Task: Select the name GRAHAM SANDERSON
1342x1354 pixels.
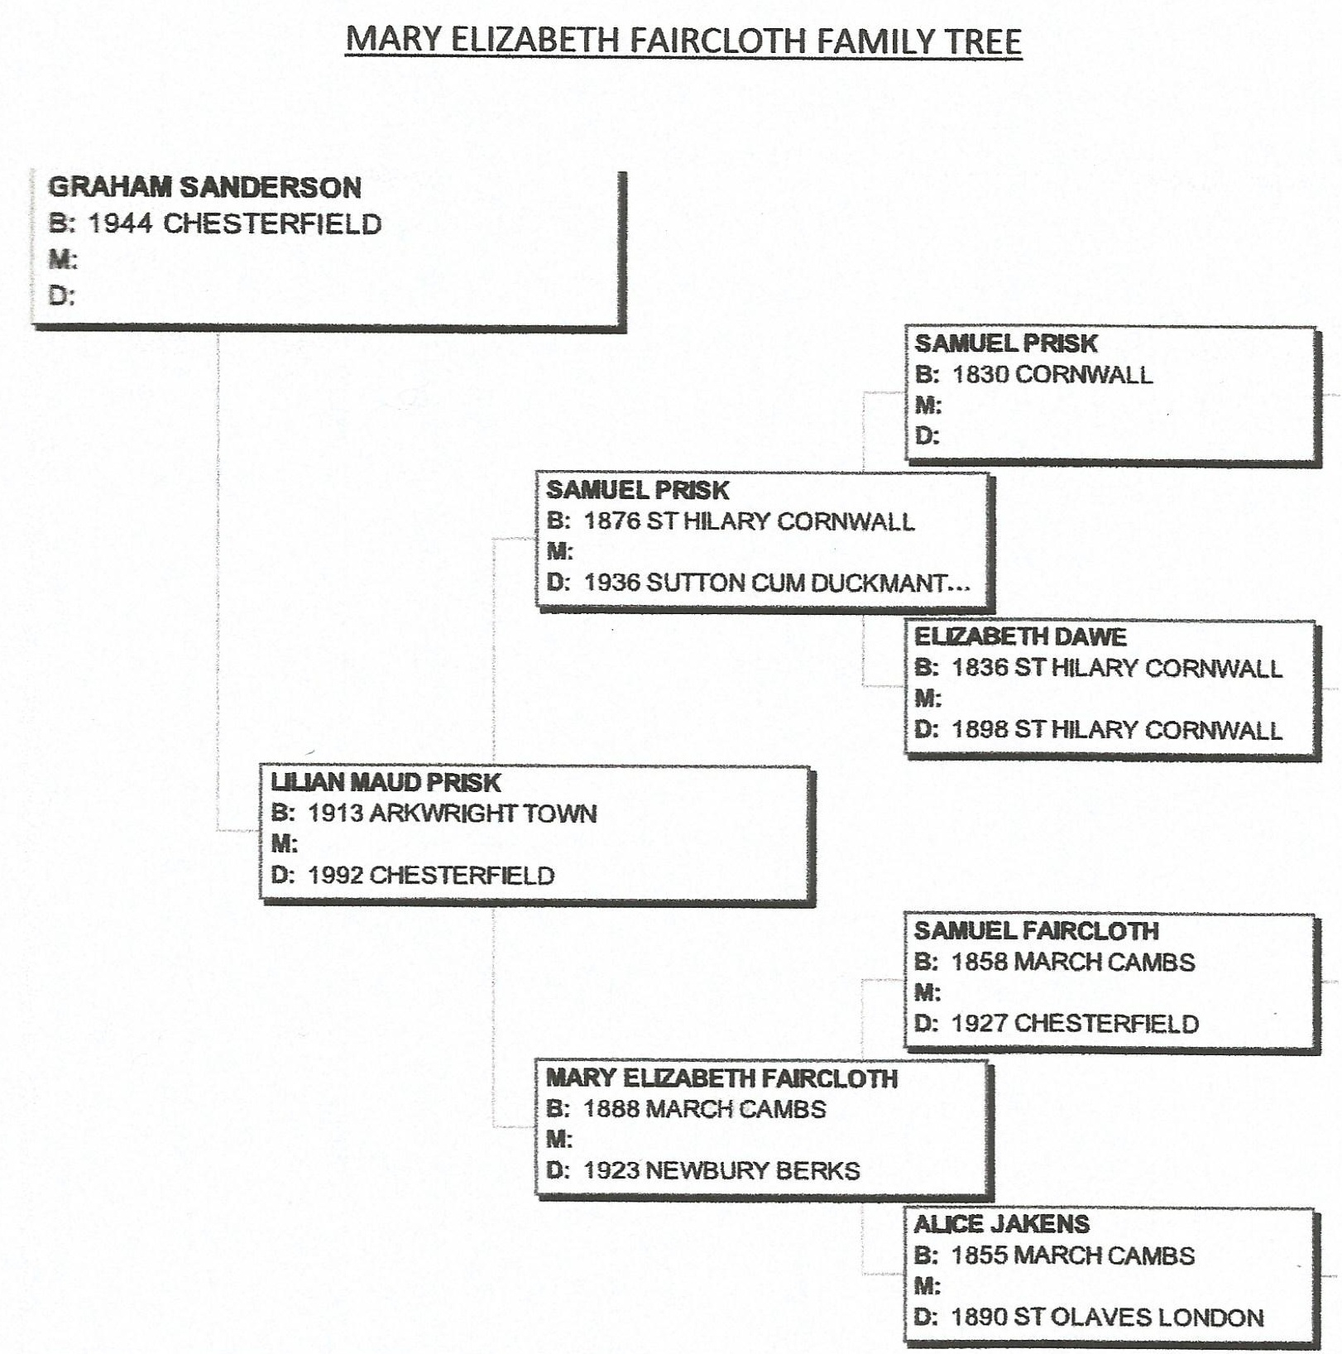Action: coord(205,187)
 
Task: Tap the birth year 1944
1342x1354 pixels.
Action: coord(120,223)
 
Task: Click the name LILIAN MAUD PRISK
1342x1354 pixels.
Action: coord(386,782)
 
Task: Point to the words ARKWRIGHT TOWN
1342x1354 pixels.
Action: coord(483,813)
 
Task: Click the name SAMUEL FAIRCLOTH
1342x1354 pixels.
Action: coord(1036,930)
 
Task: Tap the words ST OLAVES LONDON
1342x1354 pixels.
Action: coord(1138,1317)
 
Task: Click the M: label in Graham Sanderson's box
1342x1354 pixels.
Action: coord(63,259)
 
